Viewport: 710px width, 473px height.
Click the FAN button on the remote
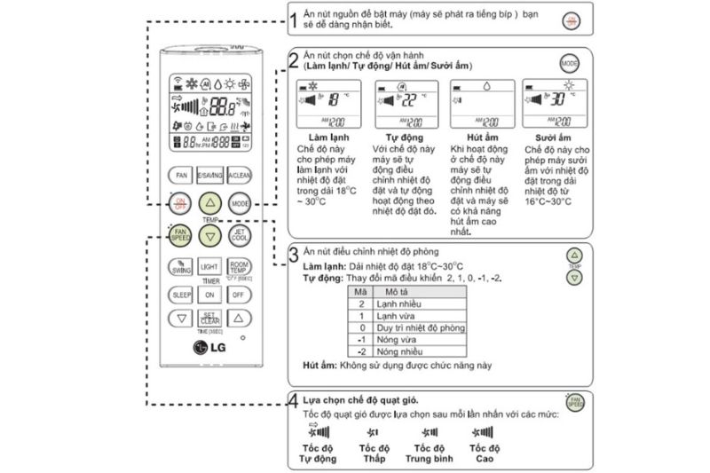tap(181, 176)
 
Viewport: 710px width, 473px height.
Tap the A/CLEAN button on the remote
tap(240, 176)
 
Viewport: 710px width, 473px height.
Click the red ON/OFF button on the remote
tap(180, 203)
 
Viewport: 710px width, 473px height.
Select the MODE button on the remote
tap(240, 203)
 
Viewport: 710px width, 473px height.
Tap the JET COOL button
tap(240, 235)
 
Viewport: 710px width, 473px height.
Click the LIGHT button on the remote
tap(210, 266)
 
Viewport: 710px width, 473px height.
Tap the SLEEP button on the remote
tap(181, 294)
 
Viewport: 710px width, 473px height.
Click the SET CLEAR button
tap(210, 318)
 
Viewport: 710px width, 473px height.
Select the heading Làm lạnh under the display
tap(323, 139)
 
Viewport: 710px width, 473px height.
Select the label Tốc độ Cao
tap(485, 453)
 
